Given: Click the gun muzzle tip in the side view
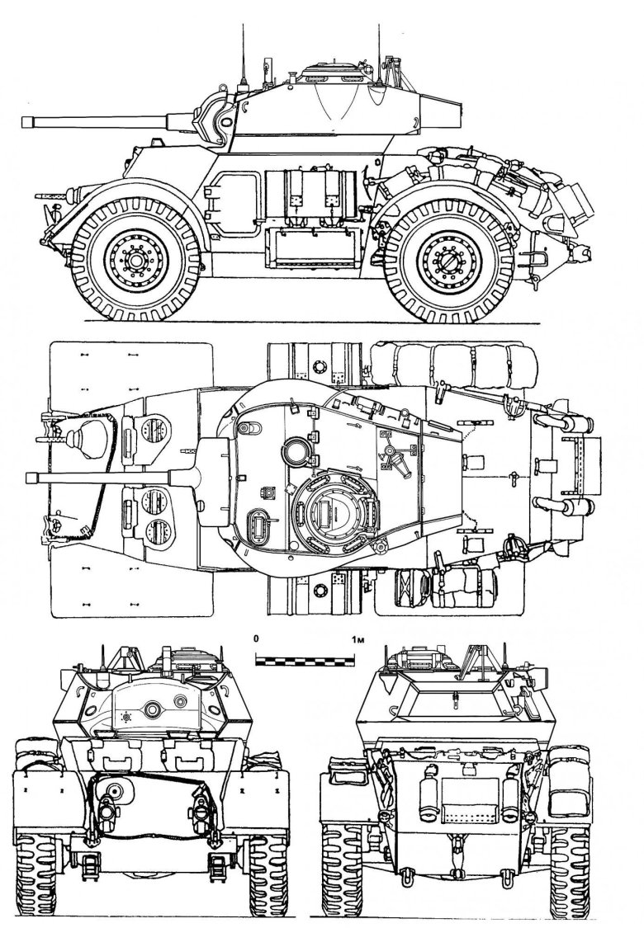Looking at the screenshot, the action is [23, 121].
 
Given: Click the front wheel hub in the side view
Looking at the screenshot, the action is [135, 261].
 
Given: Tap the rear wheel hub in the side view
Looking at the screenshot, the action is [448, 261].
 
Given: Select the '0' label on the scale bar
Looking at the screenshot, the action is [255, 639].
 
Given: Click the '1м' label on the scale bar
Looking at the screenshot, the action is [357, 639].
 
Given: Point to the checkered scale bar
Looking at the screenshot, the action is [305, 660].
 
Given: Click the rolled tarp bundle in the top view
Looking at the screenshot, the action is [454, 362].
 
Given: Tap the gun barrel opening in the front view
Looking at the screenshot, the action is [154, 709].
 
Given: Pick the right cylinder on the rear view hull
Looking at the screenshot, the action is [509, 799].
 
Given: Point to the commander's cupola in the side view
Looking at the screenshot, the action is [332, 72].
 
